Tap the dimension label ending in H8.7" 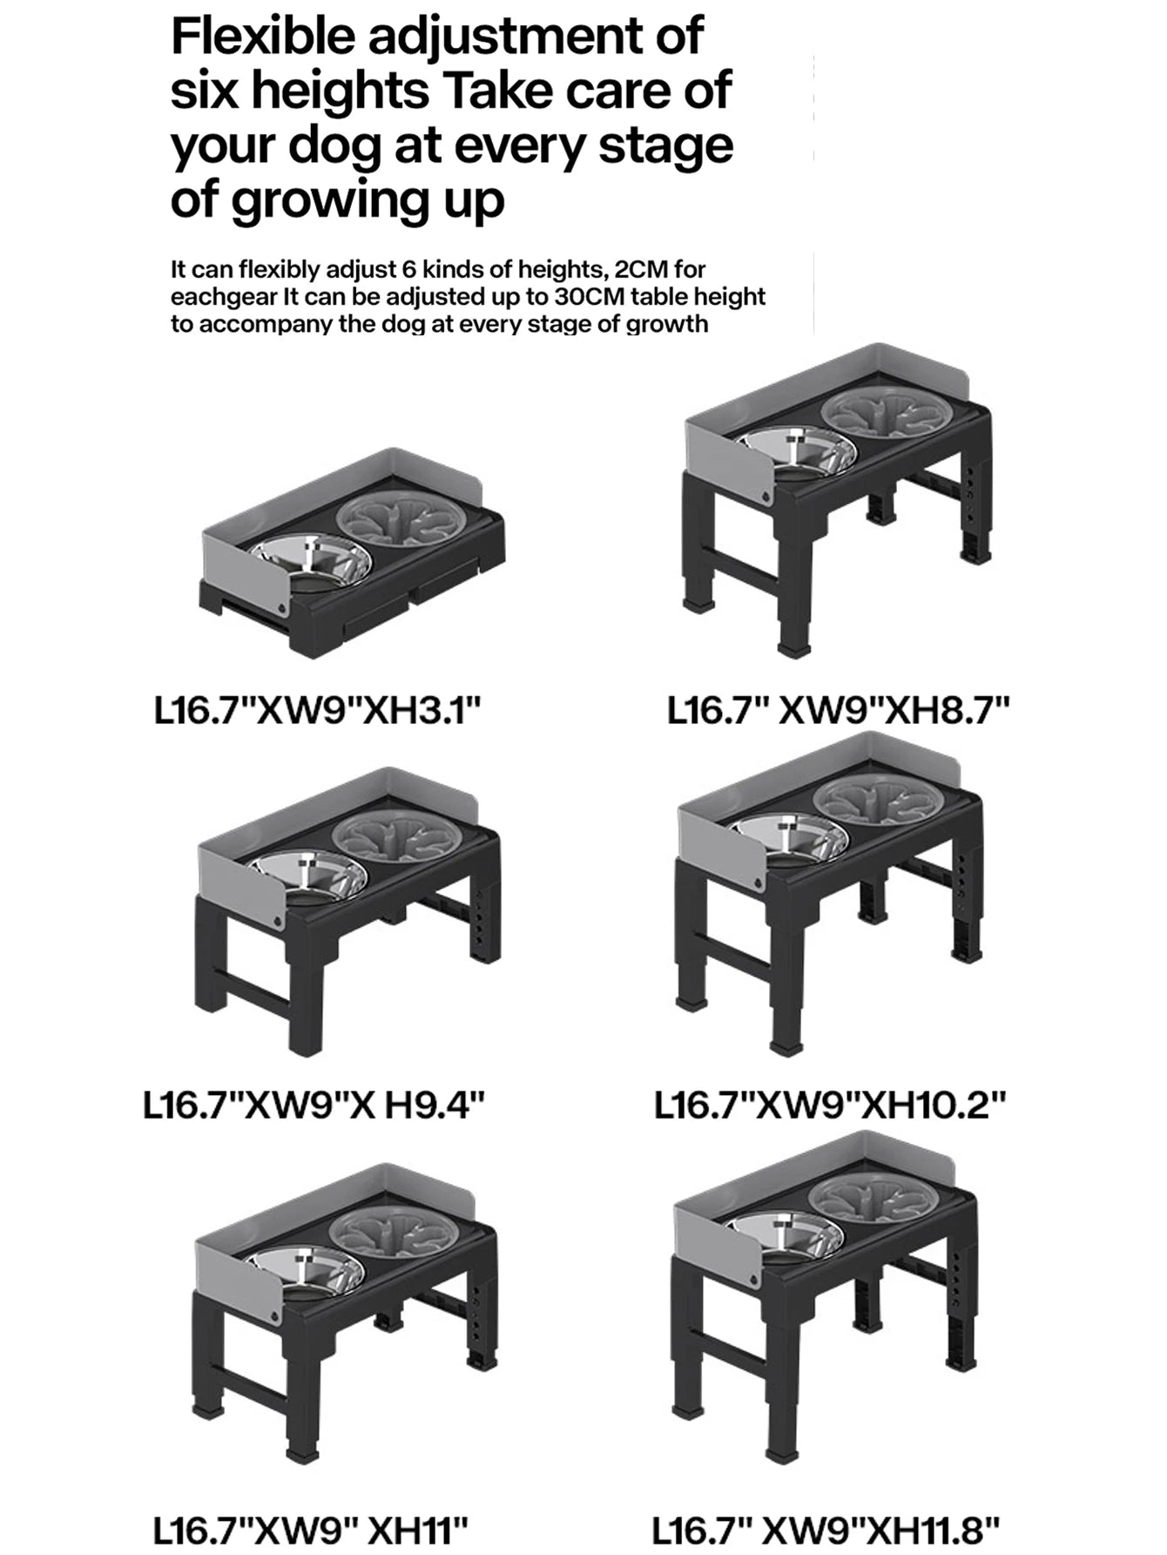(x=839, y=711)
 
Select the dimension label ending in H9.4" (x=314, y=1106)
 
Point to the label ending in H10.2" (x=830, y=1106)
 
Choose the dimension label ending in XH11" (x=311, y=1530)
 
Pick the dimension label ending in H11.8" (x=826, y=1530)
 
